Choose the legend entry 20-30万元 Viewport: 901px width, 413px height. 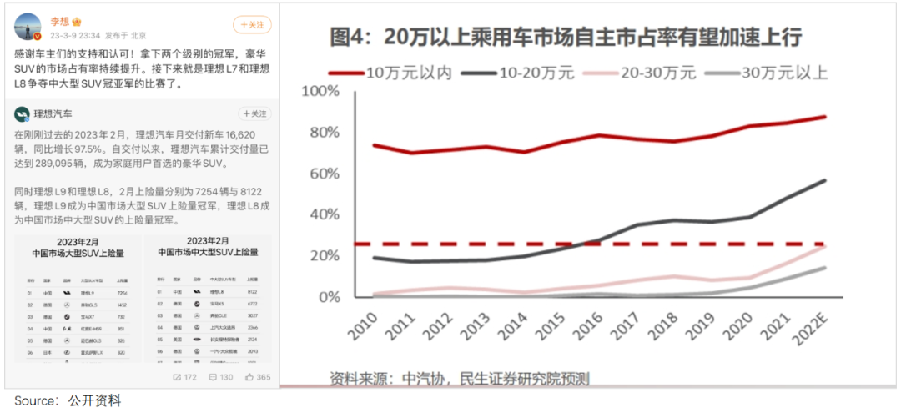click(x=658, y=73)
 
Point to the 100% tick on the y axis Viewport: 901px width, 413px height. click(x=320, y=90)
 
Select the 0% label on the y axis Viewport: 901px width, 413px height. click(x=328, y=296)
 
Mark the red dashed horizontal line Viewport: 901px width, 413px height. click(x=584, y=244)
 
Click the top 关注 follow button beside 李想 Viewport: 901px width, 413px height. click(x=252, y=24)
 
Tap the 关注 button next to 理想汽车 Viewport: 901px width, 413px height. click(x=254, y=113)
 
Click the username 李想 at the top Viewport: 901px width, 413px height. click(x=59, y=20)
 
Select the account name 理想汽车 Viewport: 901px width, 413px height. click(x=53, y=113)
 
